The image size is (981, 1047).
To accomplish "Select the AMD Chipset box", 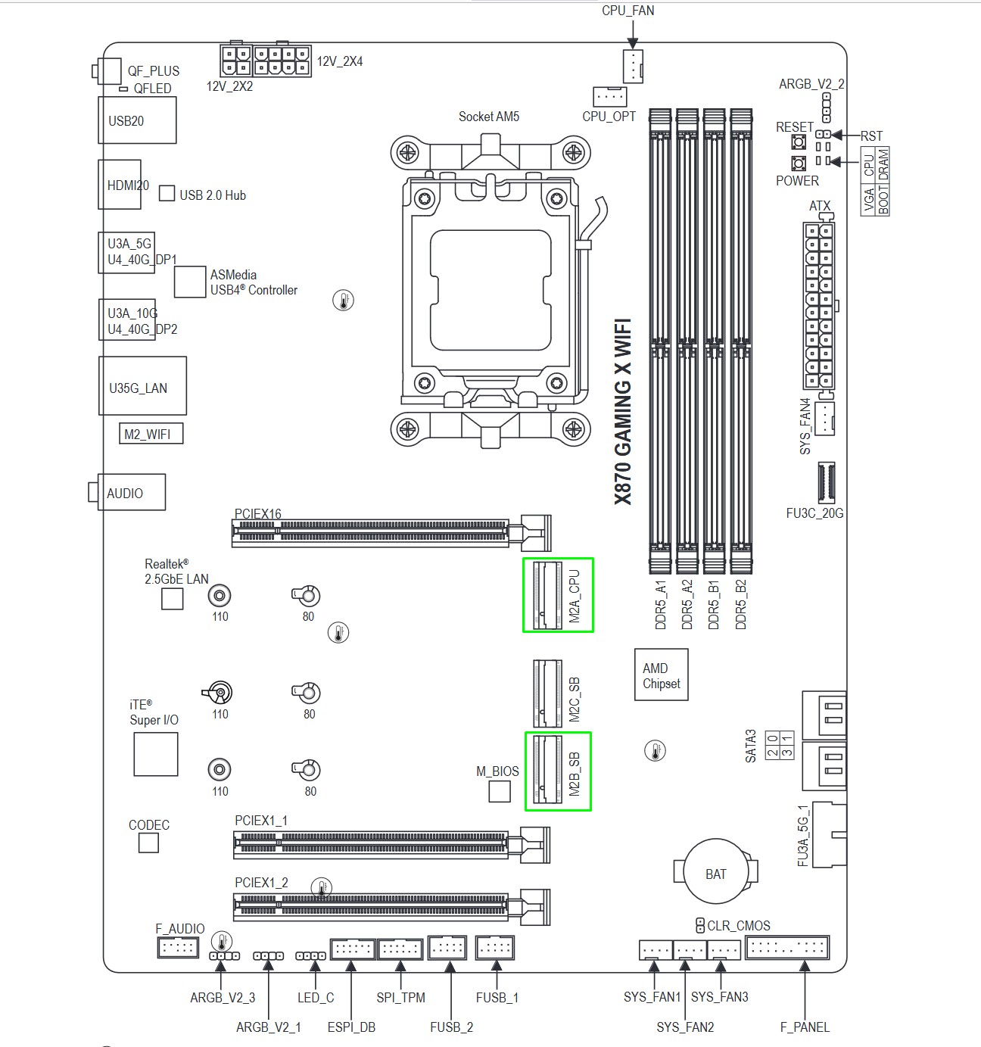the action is click(x=661, y=675).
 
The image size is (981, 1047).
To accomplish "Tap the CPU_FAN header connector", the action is click(x=633, y=67).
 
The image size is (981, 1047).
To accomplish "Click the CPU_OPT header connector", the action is click(x=610, y=96).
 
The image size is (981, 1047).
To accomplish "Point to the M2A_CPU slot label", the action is click(x=575, y=596).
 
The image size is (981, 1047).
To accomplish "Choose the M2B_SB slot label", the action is click(x=575, y=774).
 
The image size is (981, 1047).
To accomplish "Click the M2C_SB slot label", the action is click(x=575, y=699).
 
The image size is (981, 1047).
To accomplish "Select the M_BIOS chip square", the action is click(x=499, y=791).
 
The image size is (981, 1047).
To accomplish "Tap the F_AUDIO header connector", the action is click(x=178, y=947).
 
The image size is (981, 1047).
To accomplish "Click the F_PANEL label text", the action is click(x=805, y=1027).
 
